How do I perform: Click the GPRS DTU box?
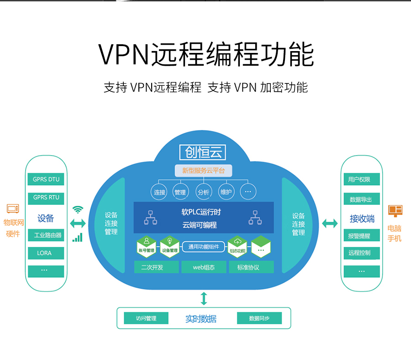pyautogui.click(x=46, y=179)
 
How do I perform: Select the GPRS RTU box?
pyautogui.click(x=46, y=198)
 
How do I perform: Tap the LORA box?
pyautogui.click(x=46, y=253)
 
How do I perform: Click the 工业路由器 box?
pyautogui.click(x=46, y=235)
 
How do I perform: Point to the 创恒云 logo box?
pyautogui.click(x=203, y=152)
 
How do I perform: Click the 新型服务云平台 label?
pyautogui.click(x=203, y=171)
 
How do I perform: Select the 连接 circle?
pyautogui.click(x=159, y=192)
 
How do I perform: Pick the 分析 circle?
pyautogui.click(x=203, y=192)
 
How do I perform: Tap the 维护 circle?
pyautogui.click(x=226, y=192)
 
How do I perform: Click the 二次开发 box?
pyautogui.click(x=156, y=267)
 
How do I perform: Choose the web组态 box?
pyautogui.click(x=204, y=267)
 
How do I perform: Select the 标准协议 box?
pyautogui.click(x=251, y=267)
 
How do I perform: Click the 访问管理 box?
pyautogui.click(x=146, y=318)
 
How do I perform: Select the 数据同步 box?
pyautogui.click(x=259, y=318)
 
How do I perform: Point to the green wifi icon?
pyautogui.click(x=78, y=209)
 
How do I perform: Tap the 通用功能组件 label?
pyautogui.click(x=204, y=247)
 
